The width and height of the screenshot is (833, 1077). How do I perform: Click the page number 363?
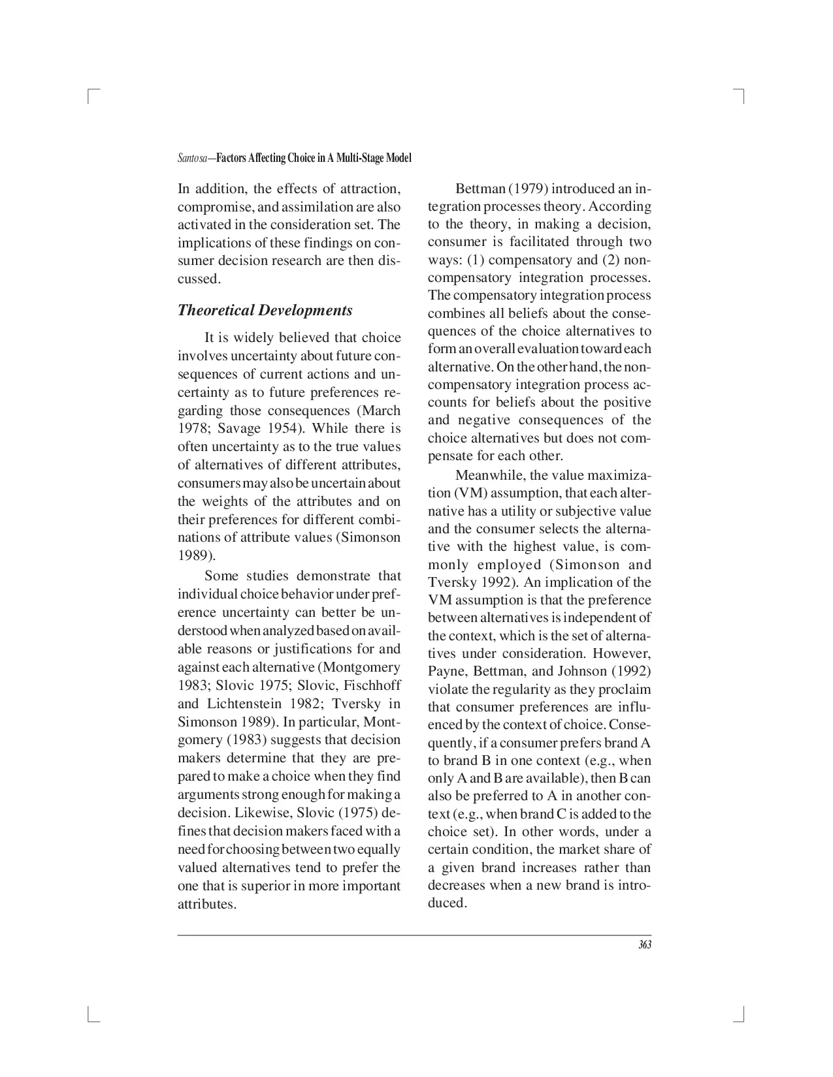(645, 945)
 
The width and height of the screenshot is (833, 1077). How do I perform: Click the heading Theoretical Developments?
(265, 310)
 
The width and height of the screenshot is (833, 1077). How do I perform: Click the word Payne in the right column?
(445, 672)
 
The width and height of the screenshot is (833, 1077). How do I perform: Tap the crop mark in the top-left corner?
(91, 96)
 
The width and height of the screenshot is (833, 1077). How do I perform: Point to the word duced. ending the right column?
(447, 903)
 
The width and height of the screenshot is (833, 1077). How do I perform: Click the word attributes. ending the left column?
(206, 905)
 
